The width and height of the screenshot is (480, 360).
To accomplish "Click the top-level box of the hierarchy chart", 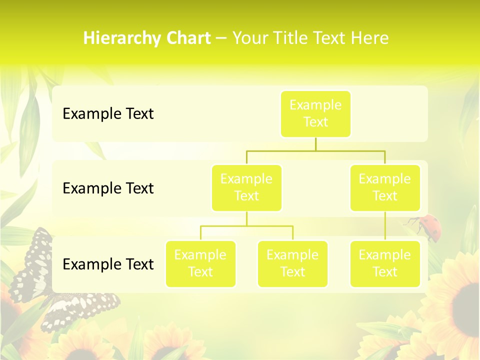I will pos(315,114).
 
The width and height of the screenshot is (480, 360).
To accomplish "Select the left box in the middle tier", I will pos(246,188).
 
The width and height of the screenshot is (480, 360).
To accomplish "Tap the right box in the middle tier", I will pos(385,188).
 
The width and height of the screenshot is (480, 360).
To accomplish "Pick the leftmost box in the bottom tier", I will pos(200,264).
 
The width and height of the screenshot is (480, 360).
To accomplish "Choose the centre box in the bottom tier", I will pos(292,264).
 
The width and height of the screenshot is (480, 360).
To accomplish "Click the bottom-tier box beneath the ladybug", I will pos(385,264).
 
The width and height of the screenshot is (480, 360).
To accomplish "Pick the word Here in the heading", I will pos(370,38).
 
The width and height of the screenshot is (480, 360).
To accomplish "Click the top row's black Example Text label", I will pos(108,114).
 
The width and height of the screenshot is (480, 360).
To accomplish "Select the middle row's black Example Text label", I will pos(108,188).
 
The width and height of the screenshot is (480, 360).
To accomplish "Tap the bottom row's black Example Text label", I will pos(108,264).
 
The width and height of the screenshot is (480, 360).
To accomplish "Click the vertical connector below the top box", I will pos(315,144).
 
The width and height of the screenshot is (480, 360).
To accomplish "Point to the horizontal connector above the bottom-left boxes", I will pos(246,226).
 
